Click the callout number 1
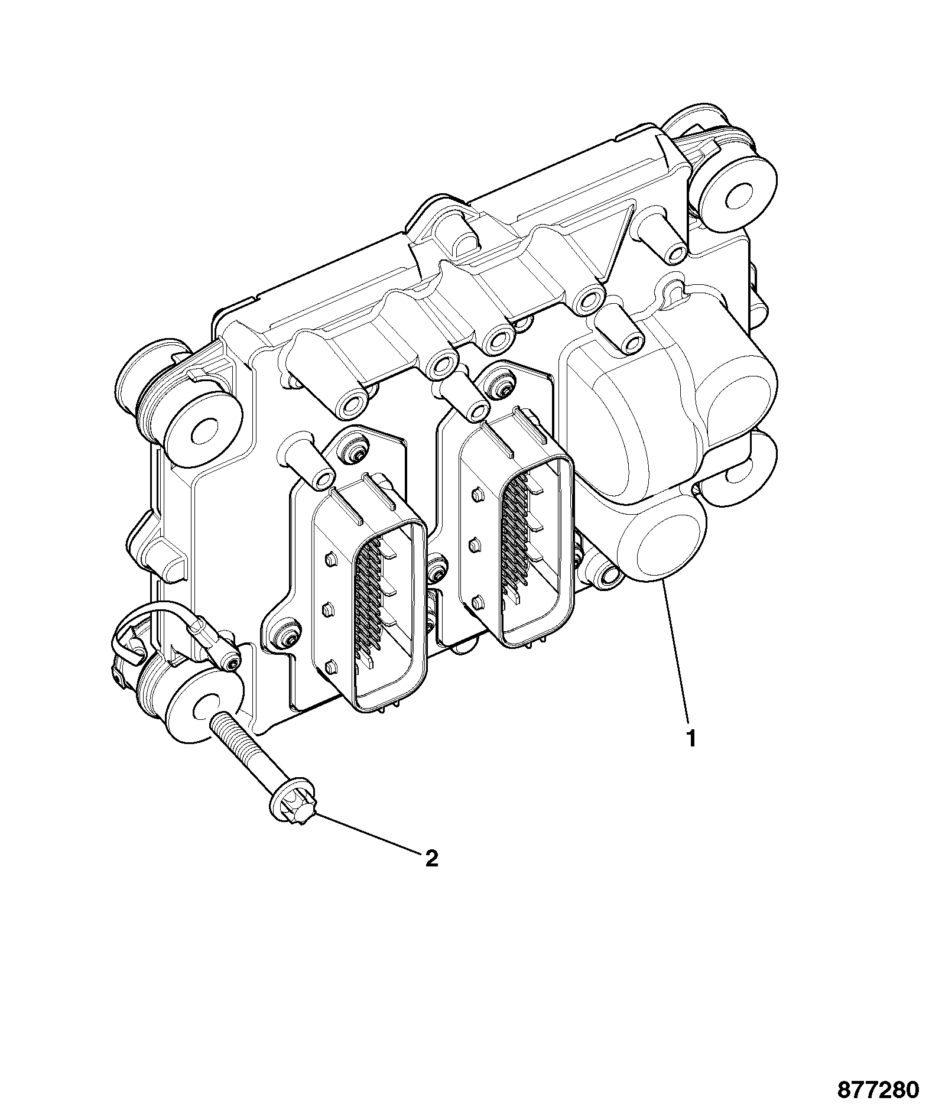click(690, 738)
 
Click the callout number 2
click(432, 858)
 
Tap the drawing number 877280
click(878, 1090)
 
